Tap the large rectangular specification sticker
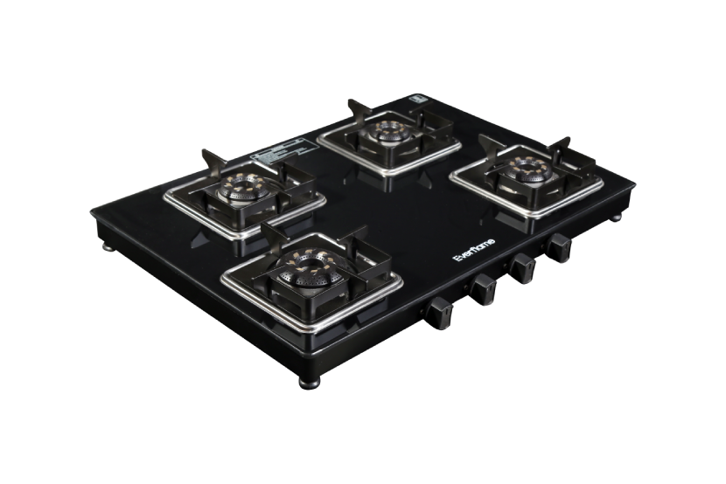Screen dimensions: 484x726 279,154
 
